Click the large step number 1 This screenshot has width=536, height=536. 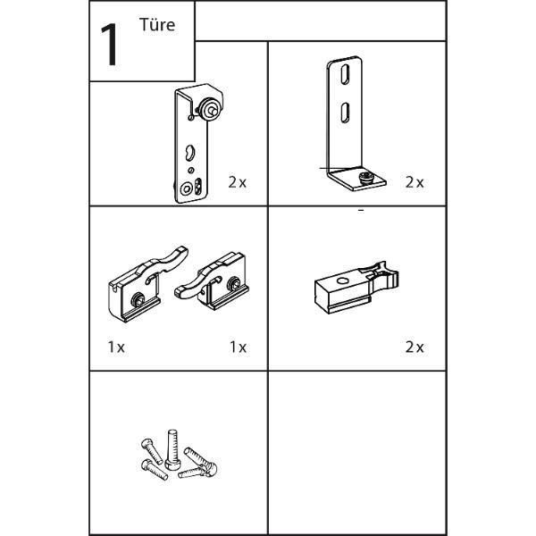(110, 45)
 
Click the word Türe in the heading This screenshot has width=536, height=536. (157, 25)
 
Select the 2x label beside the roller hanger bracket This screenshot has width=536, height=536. (238, 182)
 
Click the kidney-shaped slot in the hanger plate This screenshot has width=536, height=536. (189, 153)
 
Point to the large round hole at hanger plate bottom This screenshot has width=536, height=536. (187, 188)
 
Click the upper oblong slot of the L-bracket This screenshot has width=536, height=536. (345, 74)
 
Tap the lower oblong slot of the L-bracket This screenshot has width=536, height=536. (345, 113)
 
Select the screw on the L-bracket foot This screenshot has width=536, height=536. (366, 178)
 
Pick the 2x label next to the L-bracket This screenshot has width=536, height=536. (415, 182)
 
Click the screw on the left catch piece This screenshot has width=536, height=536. (138, 300)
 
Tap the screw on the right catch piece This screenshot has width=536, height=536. (234, 283)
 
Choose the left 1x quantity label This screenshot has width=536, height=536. (116, 347)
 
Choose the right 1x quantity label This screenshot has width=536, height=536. (238, 347)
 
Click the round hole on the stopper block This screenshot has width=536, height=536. (342, 281)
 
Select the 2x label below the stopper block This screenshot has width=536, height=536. (415, 347)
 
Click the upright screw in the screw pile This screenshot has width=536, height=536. (172, 449)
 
